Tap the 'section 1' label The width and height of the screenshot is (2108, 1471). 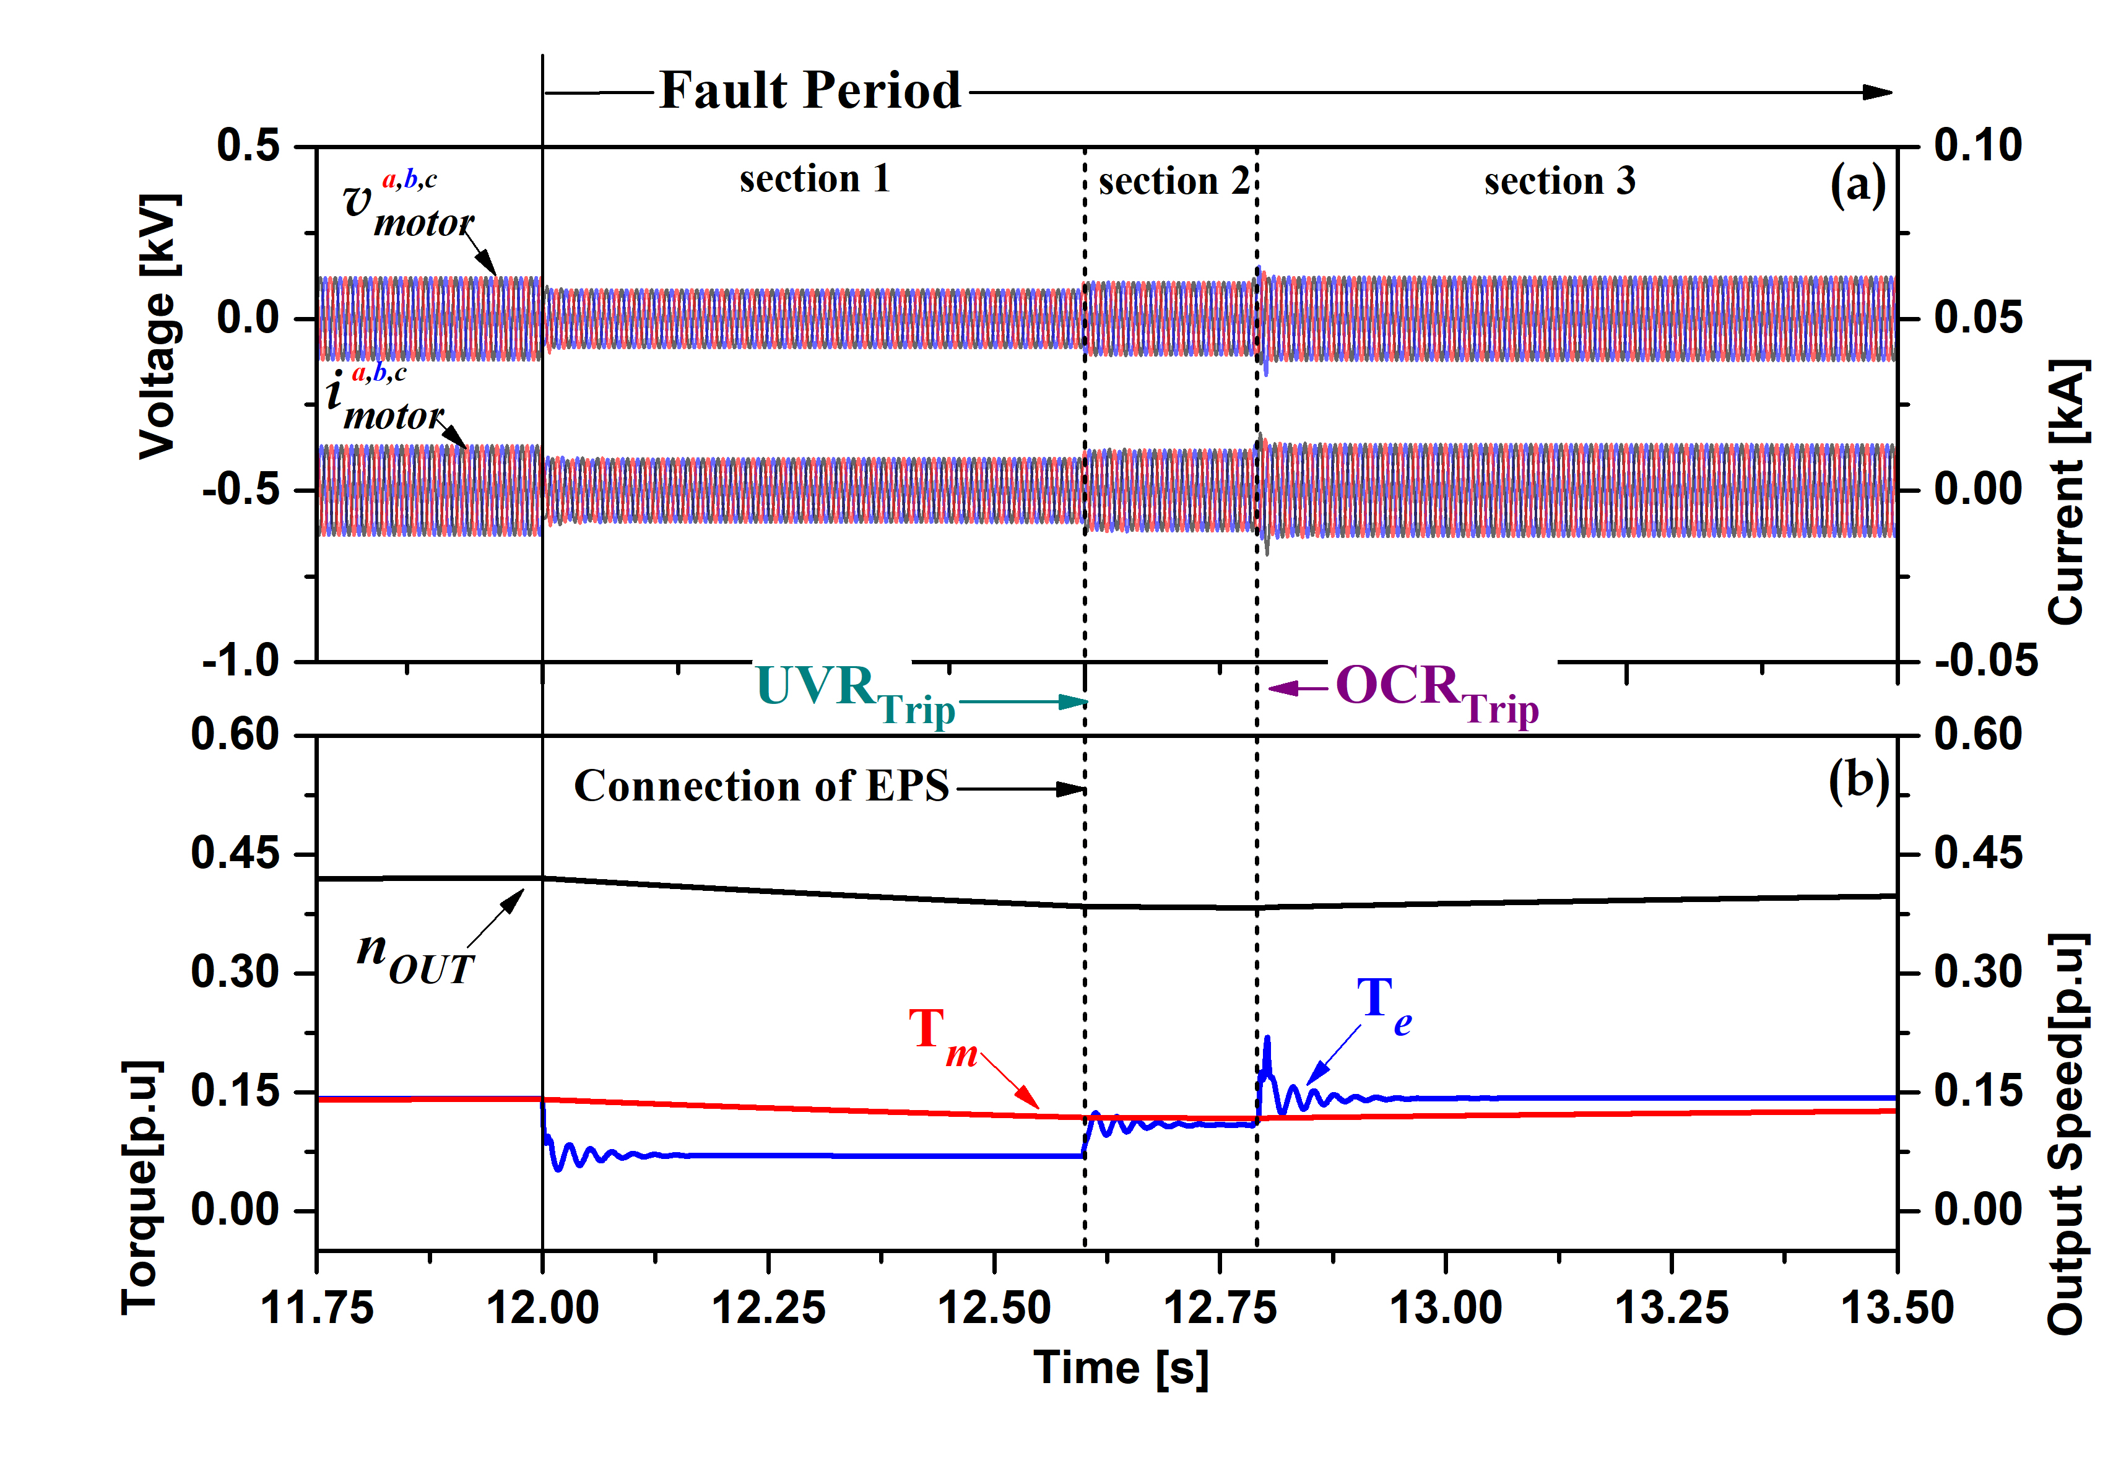tap(814, 178)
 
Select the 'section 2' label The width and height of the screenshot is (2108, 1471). tap(1173, 181)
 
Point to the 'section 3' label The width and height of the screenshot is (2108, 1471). tap(1560, 181)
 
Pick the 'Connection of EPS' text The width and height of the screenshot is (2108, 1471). tap(761, 786)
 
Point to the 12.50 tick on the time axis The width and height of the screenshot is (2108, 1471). tap(994, 1308)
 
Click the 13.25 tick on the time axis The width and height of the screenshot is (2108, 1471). tap(1671, 1308)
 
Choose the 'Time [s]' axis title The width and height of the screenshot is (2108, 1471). tap(1121, 1368)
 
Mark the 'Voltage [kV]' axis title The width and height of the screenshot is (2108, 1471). tap(158, 326)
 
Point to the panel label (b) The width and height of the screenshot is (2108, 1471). tap(1857, 781)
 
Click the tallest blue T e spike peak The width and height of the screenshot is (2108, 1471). tap(1267, 1038)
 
